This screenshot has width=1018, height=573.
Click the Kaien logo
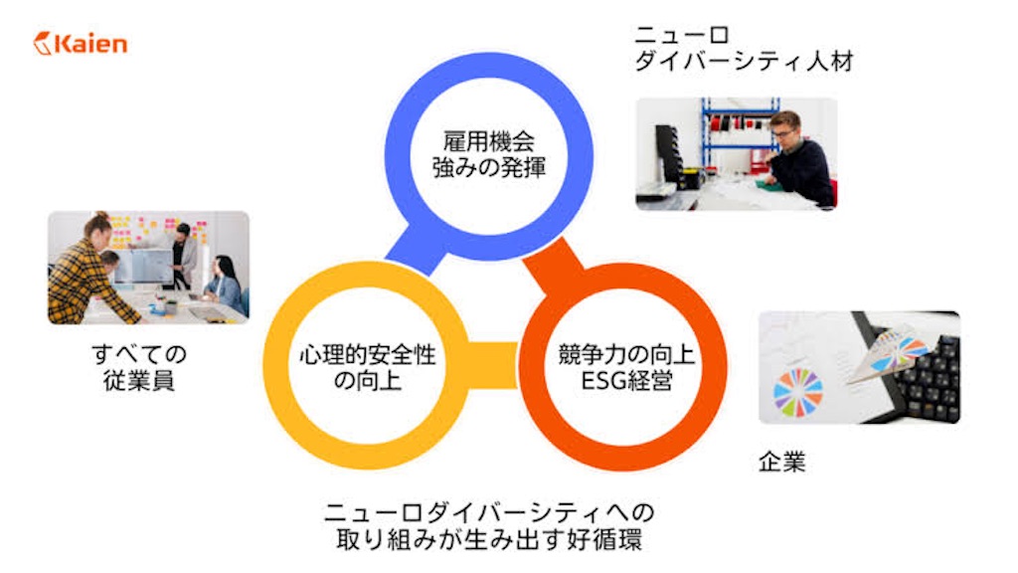(x=81, y=44)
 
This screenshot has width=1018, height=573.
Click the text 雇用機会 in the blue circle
(x=488, y=141)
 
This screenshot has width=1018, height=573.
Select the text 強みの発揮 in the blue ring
(x=488, y=167)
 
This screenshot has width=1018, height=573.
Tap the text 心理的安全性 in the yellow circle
(x=368, y=355)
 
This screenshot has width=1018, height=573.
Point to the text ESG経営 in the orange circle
(x=626, y=381)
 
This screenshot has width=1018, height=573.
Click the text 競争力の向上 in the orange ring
(x=626, y=355)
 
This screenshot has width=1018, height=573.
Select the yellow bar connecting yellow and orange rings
(x=492, y=365)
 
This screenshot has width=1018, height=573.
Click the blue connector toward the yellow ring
(x=417, y=250)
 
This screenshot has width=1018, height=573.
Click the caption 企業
(x=781, y=462)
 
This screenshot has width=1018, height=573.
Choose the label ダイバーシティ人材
(x=744, y=61)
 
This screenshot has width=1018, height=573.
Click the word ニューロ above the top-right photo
(x=682, y=35)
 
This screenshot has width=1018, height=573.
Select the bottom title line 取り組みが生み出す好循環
(x=489, y=539)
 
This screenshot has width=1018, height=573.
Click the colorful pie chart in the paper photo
(x=798, y=392)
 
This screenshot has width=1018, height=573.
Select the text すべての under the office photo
(x=139, y=355)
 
